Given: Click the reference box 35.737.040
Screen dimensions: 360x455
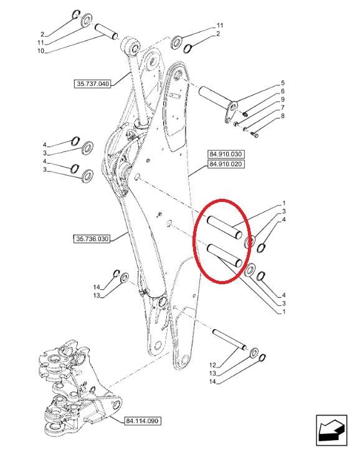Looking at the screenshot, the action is (92, 84).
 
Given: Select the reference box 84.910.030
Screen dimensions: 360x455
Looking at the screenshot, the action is (225, 154).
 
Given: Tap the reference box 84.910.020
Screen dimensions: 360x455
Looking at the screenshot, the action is (225, 165).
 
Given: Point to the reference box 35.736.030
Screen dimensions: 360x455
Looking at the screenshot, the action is (92, 239).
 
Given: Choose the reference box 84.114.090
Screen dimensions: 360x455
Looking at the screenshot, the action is (143, 421).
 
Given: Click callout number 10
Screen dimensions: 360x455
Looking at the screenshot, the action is (40, 51).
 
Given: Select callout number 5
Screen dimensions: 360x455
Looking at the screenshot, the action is (283, 84).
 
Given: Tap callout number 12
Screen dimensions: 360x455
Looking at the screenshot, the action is (212, 365).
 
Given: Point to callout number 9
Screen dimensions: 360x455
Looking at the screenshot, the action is (283, 100).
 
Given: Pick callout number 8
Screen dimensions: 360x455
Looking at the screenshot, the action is (283, 116).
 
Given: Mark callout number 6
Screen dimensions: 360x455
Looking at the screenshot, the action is (283, 92).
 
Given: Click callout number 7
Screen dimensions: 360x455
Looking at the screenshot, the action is (283, 108).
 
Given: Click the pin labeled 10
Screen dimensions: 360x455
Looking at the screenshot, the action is (107, 31).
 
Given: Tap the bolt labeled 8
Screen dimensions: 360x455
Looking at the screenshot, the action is (255, 135).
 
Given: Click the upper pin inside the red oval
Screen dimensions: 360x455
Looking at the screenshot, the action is (224, 228).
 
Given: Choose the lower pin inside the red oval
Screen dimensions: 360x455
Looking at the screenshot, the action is (225, 256).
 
